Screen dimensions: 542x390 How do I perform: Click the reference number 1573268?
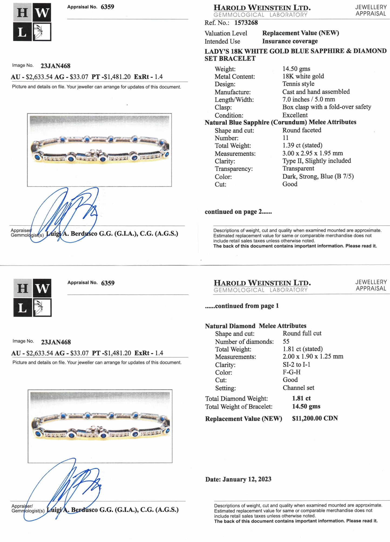pos(246,23)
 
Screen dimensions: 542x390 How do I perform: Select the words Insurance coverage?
pos(290,41)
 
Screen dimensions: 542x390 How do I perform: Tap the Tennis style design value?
pos(298,84)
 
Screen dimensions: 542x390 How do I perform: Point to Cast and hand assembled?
pos(316,92)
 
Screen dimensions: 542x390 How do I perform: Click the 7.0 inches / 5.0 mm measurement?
pos(308,99)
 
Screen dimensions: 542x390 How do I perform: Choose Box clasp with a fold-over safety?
pos(327,107)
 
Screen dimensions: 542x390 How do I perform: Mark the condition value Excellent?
pos(295,115)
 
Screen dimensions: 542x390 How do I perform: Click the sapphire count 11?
pos(286,138)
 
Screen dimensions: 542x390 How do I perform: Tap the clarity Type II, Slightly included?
pos(317,161)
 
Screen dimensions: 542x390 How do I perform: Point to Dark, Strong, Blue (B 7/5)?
pos(318,176)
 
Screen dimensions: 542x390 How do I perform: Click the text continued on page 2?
pos(238,212)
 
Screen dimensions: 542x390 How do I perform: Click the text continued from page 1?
pos(242,306)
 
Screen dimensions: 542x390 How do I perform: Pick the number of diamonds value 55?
pos(286,341)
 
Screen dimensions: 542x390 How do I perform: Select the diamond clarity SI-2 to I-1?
pos(296,364)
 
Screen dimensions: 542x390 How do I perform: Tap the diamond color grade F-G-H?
pos(291,372)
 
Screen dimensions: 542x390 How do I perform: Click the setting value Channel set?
pos(298,388)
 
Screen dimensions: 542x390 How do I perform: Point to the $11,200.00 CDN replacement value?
pos(315,418)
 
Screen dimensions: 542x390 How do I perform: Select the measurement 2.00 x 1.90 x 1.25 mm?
pos(313,356)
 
